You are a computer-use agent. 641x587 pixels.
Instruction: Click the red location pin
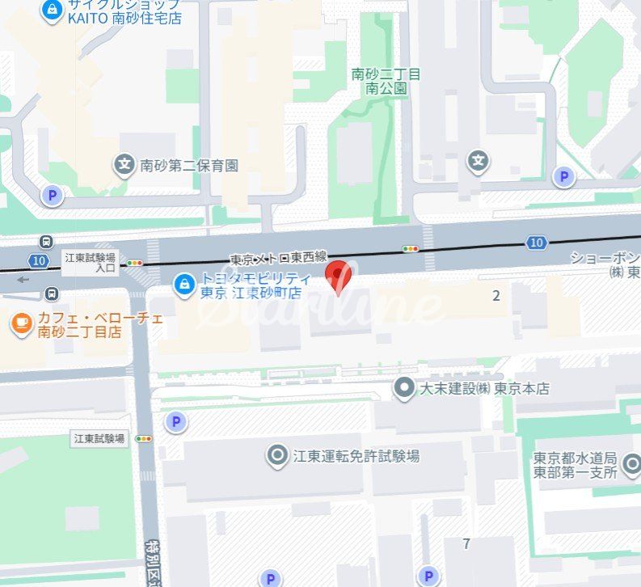tap(337, 277)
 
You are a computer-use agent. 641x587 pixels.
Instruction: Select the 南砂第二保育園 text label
tap(189, 166)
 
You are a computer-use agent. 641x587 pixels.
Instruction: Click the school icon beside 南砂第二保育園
tap(124, 165)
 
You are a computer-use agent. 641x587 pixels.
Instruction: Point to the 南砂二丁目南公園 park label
tap(386, 81)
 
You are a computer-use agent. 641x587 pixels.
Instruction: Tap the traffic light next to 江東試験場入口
tap(134, 263)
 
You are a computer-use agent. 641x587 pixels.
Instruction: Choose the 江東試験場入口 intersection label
tap(91, 262)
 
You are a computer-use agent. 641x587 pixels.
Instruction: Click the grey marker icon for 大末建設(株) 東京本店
tap(403, 388)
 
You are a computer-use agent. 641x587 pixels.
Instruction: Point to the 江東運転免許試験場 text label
tap(356, 456)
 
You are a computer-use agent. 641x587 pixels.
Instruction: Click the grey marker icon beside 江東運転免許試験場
tap(277, 456)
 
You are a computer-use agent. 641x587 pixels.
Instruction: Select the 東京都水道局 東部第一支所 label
tap(576, 465)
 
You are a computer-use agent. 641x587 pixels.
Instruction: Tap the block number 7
tap(466, 543)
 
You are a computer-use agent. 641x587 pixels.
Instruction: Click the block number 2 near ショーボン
tap(496, 295)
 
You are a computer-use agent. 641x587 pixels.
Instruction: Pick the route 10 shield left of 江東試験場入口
tap(39, 260)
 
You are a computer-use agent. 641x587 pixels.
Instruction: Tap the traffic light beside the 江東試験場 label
tap(145, 438)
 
